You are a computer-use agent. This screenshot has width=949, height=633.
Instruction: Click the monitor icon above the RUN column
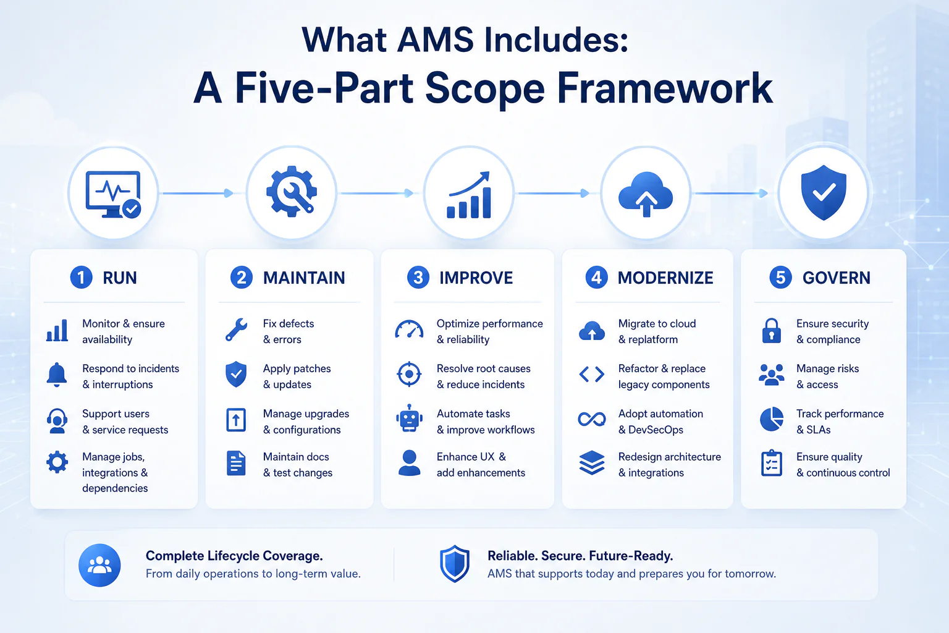[113, 195]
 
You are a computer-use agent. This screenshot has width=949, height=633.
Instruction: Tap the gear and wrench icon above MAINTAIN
[292, 192]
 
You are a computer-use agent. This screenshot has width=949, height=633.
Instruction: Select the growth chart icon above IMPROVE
[469, 195]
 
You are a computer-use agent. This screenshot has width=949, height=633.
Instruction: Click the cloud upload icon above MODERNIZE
[646, 194]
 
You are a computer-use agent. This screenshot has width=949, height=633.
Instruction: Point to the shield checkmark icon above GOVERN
[824, 192]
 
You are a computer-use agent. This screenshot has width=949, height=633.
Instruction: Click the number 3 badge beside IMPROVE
[418, 278]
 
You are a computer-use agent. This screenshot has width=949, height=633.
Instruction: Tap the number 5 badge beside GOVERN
[780, 278]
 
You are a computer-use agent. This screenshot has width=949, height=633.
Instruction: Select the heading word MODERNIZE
[665, 278]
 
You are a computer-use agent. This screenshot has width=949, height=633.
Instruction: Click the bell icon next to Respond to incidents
[57, 375]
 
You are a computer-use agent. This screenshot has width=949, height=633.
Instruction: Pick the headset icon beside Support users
[57, 420]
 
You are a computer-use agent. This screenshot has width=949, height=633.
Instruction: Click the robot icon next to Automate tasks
[409, 418]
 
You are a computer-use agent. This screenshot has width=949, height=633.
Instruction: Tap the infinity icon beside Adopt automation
[592, 419]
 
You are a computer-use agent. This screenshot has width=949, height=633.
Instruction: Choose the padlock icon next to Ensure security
[772, 331]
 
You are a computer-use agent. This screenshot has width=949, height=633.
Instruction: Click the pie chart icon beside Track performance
[772, 419]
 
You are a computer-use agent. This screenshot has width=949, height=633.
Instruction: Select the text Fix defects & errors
[289, 331]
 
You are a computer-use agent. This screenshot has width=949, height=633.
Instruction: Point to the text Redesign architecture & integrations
[669, 465]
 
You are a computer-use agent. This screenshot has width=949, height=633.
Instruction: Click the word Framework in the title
[665, 88]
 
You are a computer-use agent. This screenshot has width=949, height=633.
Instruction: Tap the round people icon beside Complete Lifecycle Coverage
[99, 565]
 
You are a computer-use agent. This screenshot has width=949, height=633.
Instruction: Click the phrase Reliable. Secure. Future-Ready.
[580, 556]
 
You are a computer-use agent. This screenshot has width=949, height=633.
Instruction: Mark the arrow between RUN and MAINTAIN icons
[198, 193]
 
